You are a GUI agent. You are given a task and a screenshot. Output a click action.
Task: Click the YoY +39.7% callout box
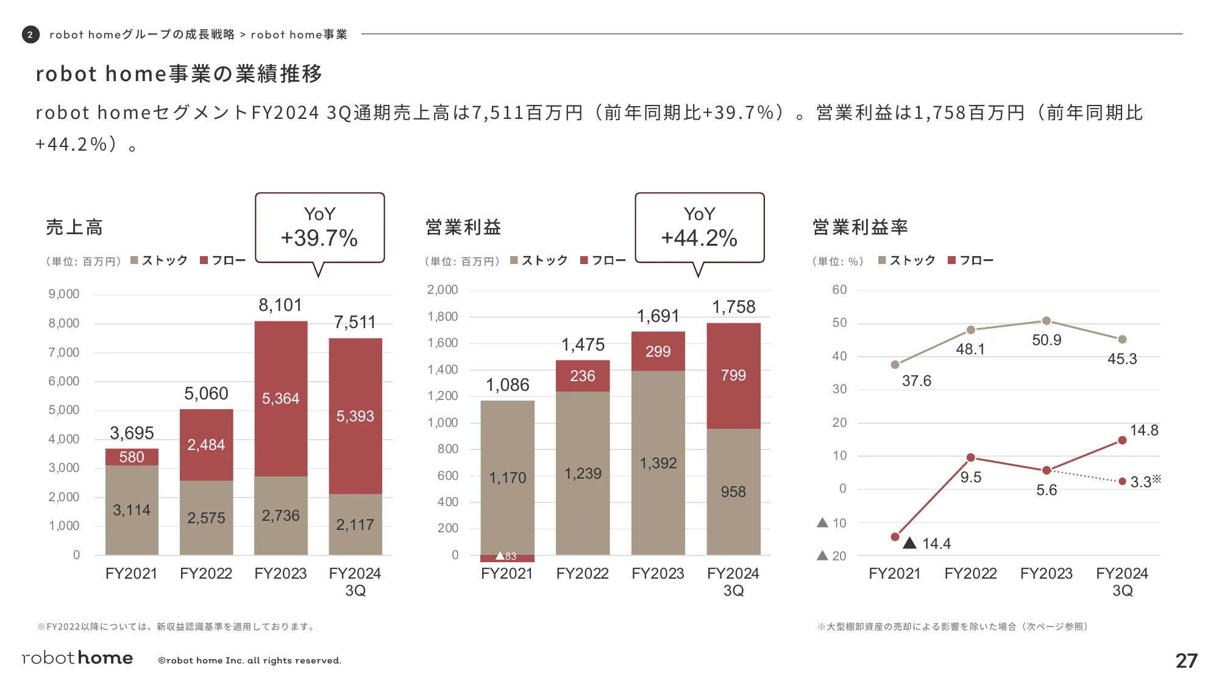click(x=319, y=227)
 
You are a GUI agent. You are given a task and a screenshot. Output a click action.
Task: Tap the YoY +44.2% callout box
click(x=699, y=227)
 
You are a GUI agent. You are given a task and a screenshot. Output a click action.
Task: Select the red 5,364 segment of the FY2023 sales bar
click(x=280, y=398)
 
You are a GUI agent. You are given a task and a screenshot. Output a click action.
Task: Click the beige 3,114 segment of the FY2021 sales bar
click(x=132, y=510)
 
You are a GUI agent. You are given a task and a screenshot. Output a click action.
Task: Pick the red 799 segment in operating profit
click(x=733, y=376)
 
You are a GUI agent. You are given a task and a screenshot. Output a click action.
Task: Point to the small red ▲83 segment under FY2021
click(x=507, y=557)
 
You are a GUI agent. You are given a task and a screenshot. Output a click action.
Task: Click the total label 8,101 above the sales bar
click(x=280, y=305)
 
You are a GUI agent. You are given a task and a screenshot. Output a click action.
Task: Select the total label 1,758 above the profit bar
click(x=733, y=307)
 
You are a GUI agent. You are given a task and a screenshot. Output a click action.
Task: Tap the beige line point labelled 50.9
click(x=1046, y=321)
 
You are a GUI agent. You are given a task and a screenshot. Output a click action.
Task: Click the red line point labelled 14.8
click(x=1122, y=440)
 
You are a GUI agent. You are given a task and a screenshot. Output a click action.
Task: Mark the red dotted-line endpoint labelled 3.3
click(x=1122, y=481)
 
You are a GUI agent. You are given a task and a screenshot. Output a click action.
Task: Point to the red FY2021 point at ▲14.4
click(x=895, y=537)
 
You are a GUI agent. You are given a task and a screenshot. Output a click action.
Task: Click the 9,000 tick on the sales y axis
click(x=64, y=294)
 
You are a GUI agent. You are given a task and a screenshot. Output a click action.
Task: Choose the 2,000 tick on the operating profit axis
click(x=442, y=290)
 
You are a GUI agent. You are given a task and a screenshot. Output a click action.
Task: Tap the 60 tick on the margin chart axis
click(x=839, y=290)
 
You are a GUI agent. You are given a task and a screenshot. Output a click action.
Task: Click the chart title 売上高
click(x=74, y=227)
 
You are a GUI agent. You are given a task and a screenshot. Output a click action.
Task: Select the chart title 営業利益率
click(x=860, y=227)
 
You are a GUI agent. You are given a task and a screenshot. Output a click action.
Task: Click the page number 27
click(x=1186, y=660)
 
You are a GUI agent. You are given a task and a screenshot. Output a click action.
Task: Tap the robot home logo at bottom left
click(x=77, y=658)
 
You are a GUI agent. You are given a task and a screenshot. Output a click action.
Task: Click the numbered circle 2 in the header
click(x=30, y=35)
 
